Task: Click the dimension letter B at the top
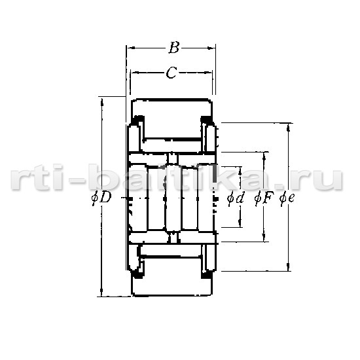tap(174, 48)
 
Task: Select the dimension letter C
tap(171, 73)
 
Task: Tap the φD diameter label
tap(101, 198)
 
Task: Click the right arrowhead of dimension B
tap(211, 48)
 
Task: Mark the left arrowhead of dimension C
tap(134, 73)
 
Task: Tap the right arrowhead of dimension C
tap(208, 73)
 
